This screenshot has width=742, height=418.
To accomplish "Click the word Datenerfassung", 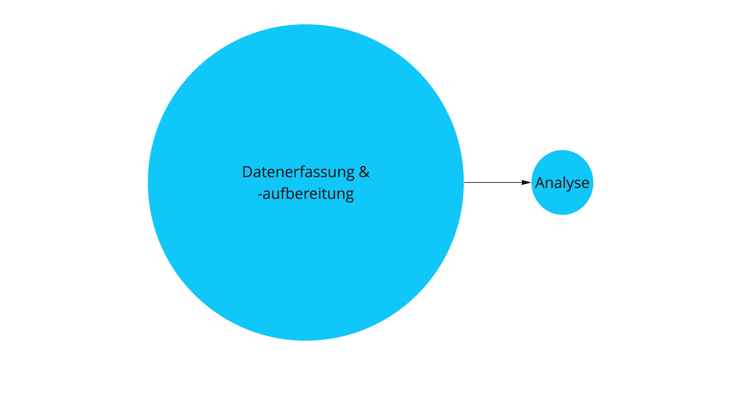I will coord(298,172).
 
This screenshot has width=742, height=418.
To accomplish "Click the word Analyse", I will coord(562,183).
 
